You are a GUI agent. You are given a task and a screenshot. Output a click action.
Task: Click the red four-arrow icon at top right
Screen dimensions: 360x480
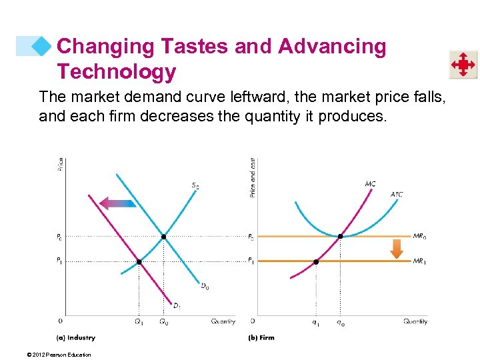point(462,65)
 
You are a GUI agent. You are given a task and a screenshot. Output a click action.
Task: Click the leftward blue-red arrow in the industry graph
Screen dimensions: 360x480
point(117,202)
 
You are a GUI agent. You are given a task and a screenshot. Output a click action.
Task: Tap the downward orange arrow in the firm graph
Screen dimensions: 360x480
point(397,249)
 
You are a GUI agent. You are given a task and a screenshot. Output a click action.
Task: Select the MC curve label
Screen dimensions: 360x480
point(370,183)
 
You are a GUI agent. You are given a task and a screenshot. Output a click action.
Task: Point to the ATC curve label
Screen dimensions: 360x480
point(397,195)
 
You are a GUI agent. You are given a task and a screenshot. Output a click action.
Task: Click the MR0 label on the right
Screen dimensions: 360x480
point(419,235)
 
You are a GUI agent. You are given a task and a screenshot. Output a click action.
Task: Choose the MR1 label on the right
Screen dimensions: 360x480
point(419,261)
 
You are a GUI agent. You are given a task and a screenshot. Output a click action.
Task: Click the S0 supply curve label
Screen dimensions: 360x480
point(195,186)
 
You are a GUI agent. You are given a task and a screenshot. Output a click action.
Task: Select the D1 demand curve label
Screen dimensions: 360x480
point(177,306)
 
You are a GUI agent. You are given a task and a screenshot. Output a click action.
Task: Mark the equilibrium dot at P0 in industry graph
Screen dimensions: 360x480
point(163,237)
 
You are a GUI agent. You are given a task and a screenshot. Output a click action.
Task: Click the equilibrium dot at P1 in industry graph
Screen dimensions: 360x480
point(139,262)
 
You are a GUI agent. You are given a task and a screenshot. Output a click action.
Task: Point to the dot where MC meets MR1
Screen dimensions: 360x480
point(316,262)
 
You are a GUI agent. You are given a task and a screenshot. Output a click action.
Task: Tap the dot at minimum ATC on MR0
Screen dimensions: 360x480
point(341,237)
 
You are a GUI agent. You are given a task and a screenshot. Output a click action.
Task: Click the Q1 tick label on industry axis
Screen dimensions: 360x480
point(139,323)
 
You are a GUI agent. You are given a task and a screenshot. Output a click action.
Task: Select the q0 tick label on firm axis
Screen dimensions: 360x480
point(341,323)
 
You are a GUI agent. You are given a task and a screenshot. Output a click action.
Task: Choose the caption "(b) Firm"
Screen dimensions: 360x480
point(261,338)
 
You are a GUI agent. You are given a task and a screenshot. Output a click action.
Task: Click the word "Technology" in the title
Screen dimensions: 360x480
point(117,71)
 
